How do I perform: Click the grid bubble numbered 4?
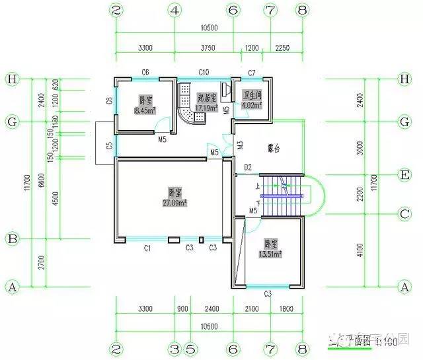[174, 11]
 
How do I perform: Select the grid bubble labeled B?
[11, 238]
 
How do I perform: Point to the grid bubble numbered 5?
[190, 349]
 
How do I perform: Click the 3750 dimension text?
[204, 48]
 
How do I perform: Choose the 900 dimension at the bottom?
[182, 308]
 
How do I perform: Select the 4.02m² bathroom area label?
[252, 104]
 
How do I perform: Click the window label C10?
[204, 72]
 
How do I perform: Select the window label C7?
[252, 72]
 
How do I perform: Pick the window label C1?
[148, 248]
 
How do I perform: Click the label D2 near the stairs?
[248, 167]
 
